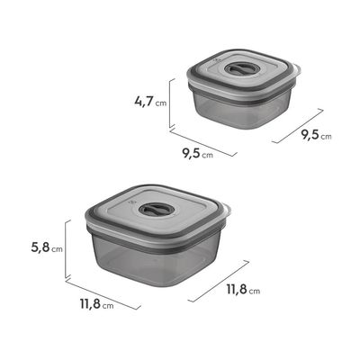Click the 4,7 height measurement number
pos(144,102)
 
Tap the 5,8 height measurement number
pos(40,247)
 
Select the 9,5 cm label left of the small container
pos(198,153)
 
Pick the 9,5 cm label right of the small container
pos(316,135)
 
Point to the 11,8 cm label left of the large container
pos(97,304)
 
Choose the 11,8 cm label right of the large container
pos(243,289)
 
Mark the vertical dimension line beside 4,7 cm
pos(170,103)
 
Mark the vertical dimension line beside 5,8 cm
pos(66,249)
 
